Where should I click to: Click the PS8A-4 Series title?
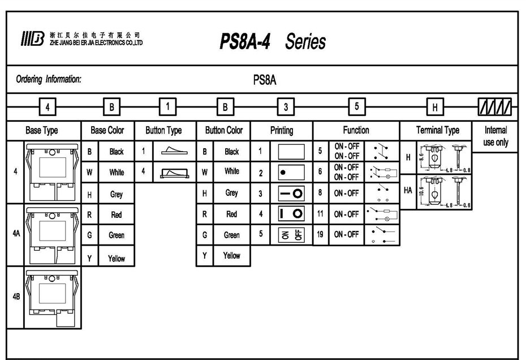point(272,41)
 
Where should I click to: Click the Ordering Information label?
point(49,79)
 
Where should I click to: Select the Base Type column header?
point(42,131)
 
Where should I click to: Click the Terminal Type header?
point(437,131)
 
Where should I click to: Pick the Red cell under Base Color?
point(116,215)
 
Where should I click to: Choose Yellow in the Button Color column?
point(231,255)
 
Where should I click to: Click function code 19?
point(320,234)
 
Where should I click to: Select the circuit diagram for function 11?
point(383,215)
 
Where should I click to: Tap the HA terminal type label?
point(408,191)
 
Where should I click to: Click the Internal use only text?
point(495,136)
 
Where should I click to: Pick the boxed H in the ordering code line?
point(435,106)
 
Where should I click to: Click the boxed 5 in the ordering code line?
point(356,106)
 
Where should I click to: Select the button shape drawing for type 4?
point(174,172)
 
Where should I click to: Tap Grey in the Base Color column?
point(116,194)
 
